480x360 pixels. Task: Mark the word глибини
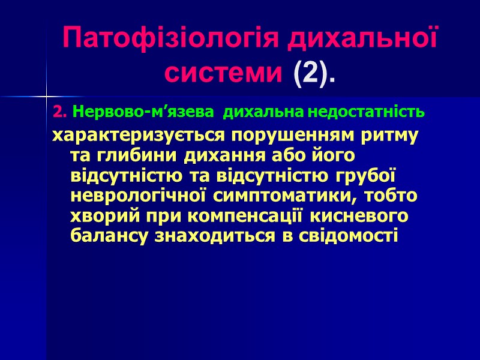tap(124, 155)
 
